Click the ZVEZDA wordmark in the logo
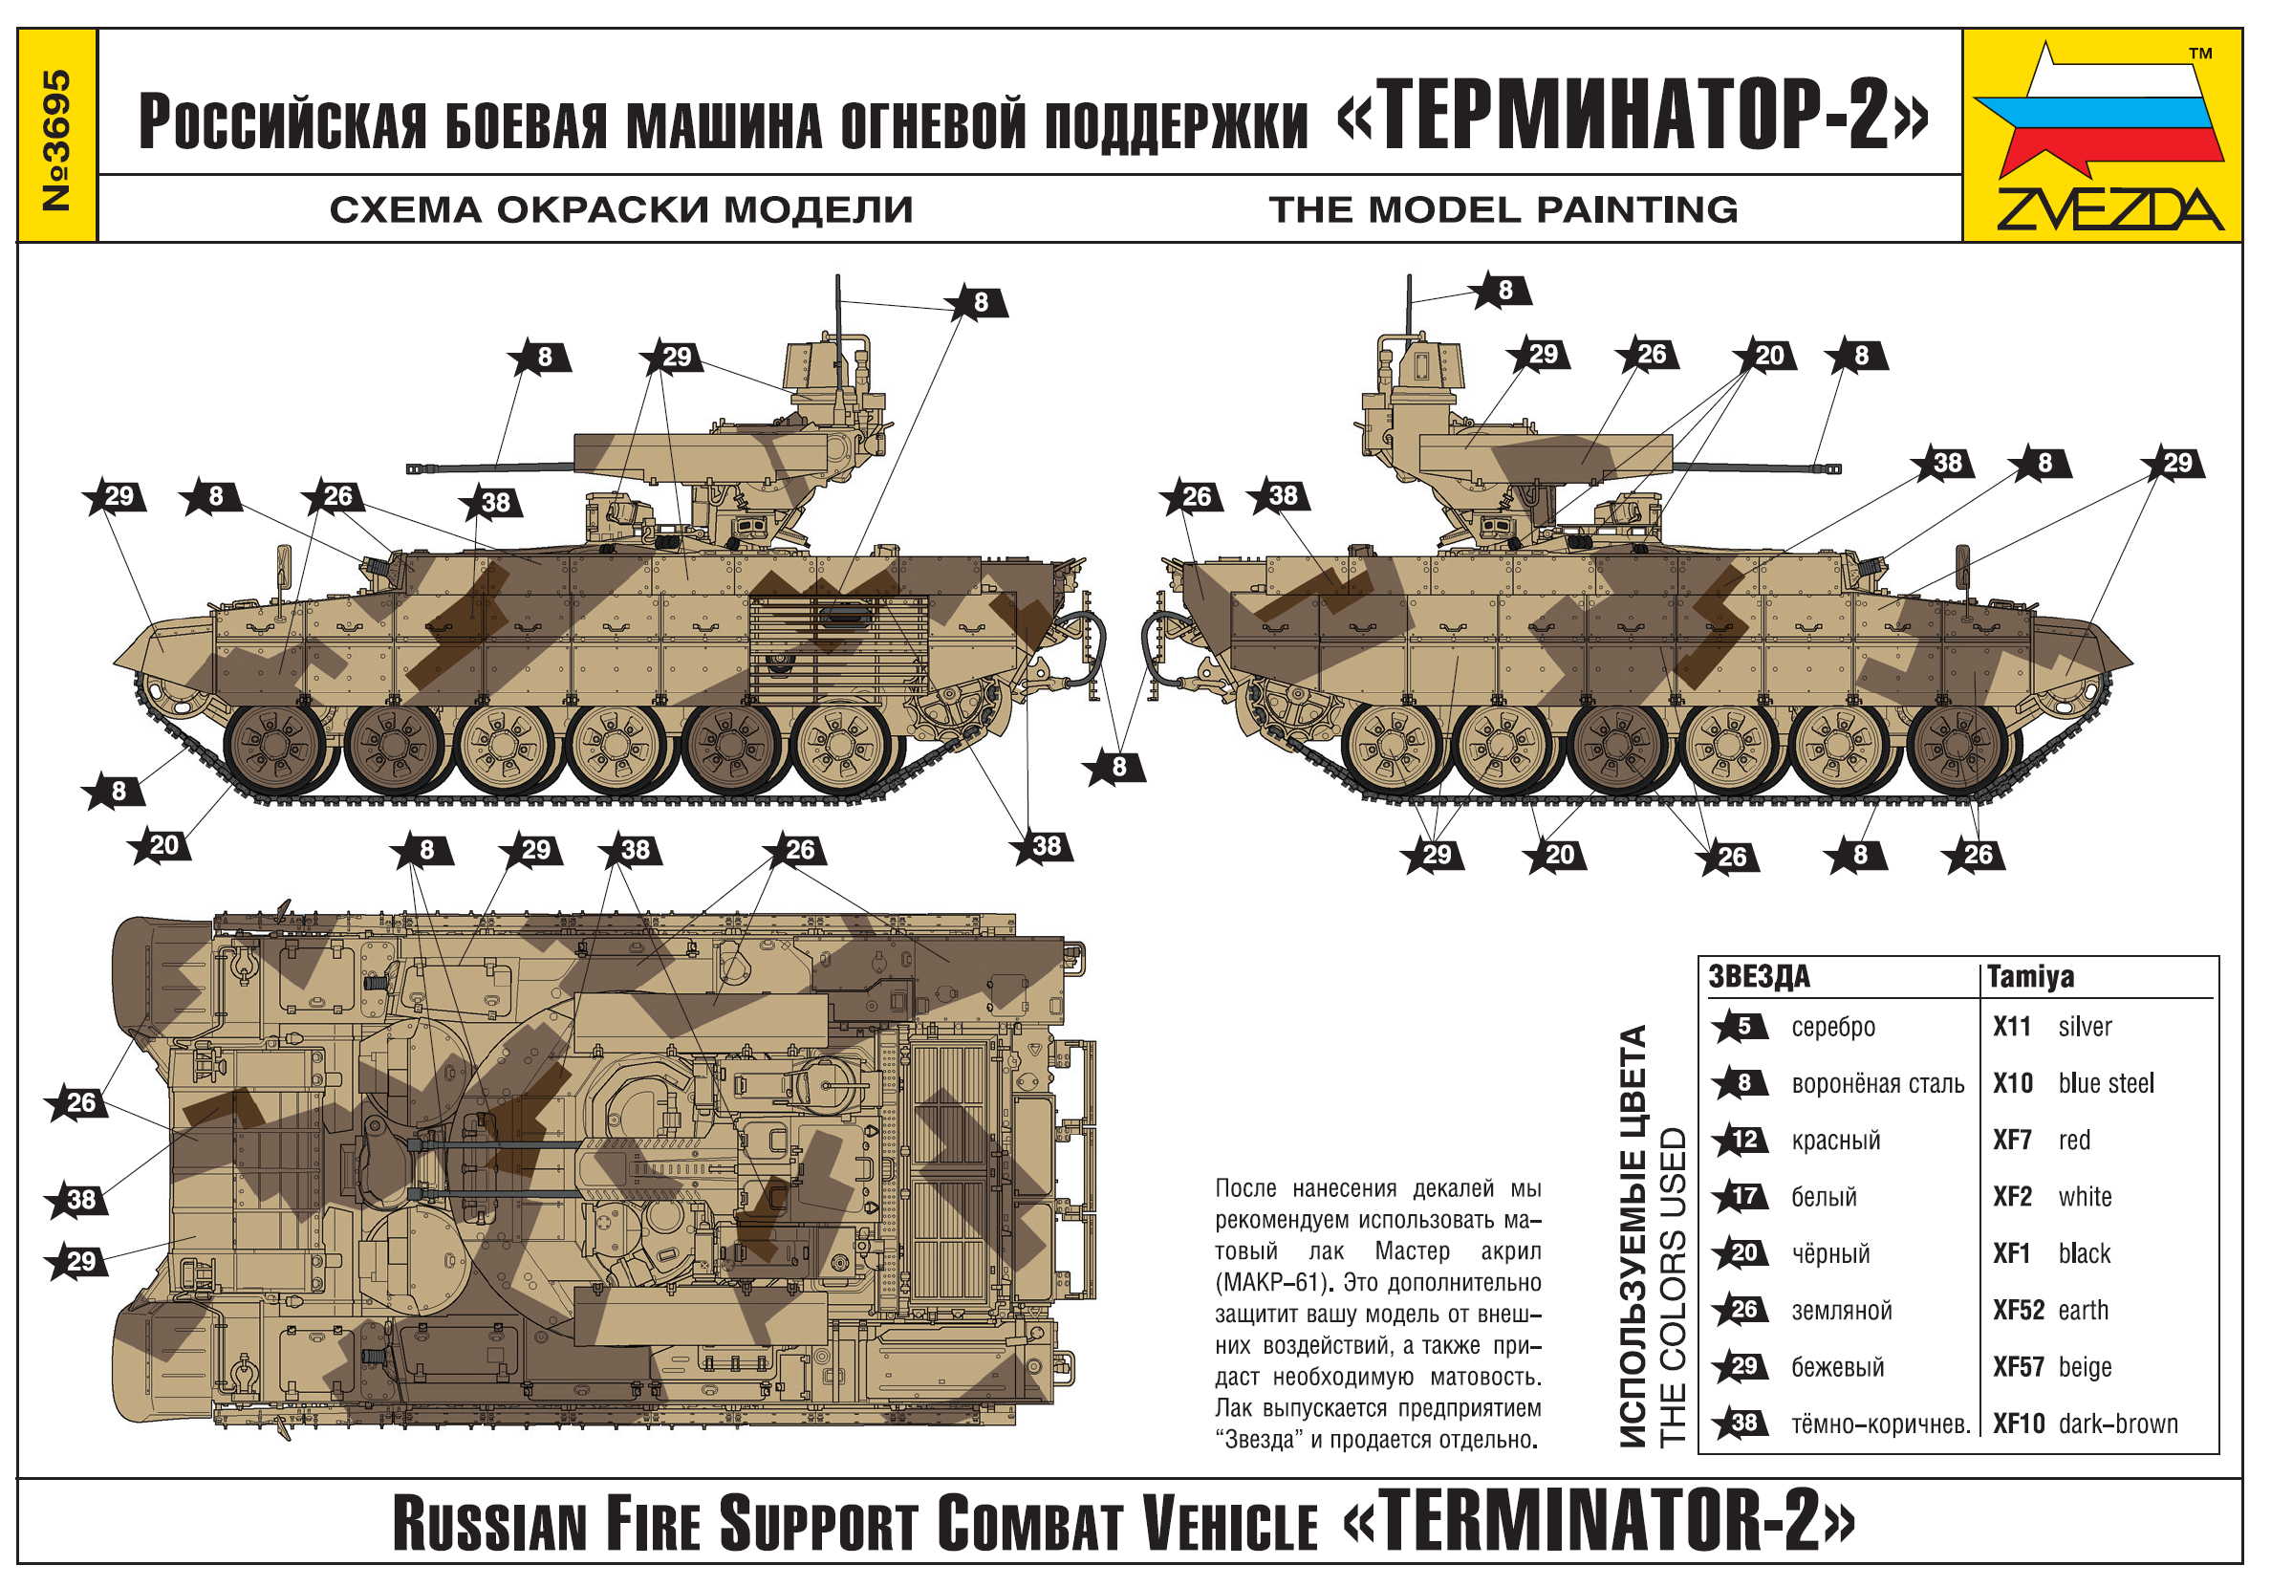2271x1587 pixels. [x=2109, y=208]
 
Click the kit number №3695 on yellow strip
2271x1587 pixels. [x=57, y=140]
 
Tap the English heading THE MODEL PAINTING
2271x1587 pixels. [x=1503, y=209]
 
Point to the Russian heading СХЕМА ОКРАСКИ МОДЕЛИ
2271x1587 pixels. [x=621, y=209]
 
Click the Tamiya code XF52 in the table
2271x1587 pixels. [x=2018, y=1310]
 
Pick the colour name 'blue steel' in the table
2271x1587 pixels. [x=2106, y=1083]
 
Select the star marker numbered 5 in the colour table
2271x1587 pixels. [x=1739, y=1027]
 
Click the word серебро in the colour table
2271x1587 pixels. [x=1833, y=1028]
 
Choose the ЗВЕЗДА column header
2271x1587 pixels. [x=1760, y=977]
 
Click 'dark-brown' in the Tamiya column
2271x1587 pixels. [x=2119, y=1424]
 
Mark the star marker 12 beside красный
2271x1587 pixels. [x=1739, y=1140]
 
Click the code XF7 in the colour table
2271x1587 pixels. [x=2012, y=1140]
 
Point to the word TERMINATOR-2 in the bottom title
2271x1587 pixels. [x=1599, y=1523]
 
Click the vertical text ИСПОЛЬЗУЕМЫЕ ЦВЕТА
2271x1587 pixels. [x=1634, y=1237]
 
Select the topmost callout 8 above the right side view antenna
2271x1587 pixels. [x=1500, y=290]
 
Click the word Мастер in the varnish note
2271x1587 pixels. [x=1413, y=1251]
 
